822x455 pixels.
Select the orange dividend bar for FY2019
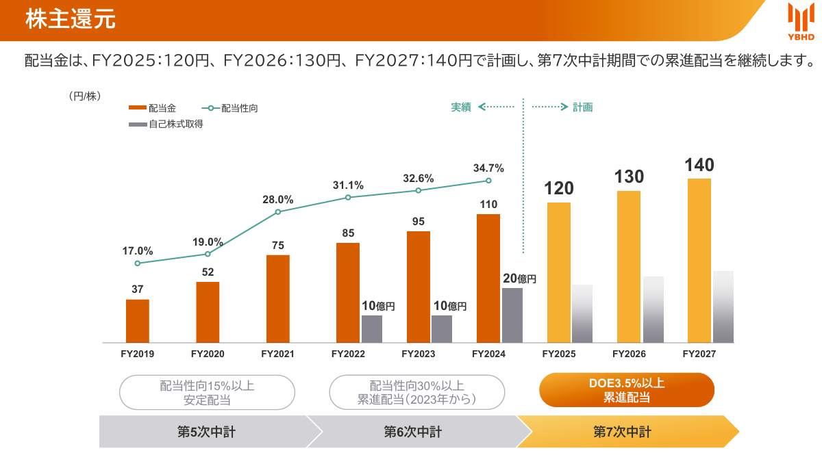click(x=138, y=321)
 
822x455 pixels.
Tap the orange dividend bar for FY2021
click(x=277, y=298)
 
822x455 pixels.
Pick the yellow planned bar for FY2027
click(x=699, y=260)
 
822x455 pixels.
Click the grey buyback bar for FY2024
click(x=512, y=315)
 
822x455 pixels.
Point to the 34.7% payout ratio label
click(x=488, y=168)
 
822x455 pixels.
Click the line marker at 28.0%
click(x=278, y=212)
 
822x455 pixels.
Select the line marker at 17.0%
click(x=138, y=263)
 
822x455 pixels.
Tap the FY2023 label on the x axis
click(x=418, y=354)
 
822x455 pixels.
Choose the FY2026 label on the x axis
click(x=629, y=354)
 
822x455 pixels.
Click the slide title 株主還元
click(x=70, y=19)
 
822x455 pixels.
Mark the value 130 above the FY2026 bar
click(x=629, y=177)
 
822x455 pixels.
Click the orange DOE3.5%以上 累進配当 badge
click(x=627, y=390)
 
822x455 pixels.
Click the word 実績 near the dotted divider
click(x=461, y=107)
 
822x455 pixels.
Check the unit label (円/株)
click(x=85, y=96)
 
